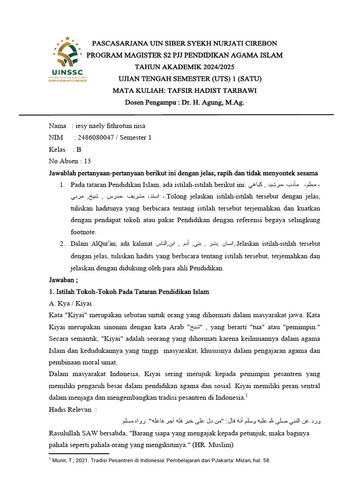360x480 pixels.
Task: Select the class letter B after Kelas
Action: (x=79, y=149)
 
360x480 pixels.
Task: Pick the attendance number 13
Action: (x=87, y=161)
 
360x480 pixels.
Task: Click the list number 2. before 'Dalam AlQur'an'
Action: (x=62, y=243)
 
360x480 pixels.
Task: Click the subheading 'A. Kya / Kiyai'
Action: (x=70, y=303)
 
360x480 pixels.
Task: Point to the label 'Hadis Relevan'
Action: (x=70, y=409)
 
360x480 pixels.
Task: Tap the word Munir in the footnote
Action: (x=60, y=461)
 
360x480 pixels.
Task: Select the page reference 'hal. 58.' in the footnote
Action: (x=260, y=461)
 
